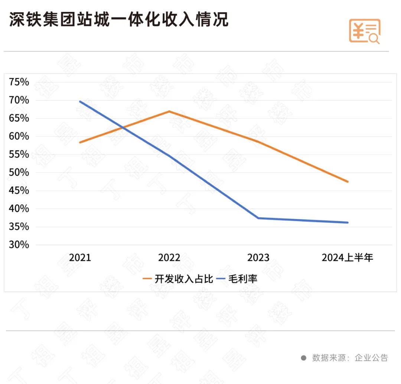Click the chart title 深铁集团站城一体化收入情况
tap(119, 20)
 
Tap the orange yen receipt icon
tap(364, 31)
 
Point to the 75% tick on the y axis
tap(19, 82)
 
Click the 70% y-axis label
tap(19, 100)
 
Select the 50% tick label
tap(19, 173)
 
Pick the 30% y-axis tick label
tap(19, 245)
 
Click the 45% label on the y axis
tap(19, 191)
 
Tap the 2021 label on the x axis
tap(80, 258)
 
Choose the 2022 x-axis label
tap(169, 258)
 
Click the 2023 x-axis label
tap(258, 258)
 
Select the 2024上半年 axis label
tap(347, 258)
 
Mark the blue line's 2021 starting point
tap(80, 101)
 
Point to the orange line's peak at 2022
tap(169, 111)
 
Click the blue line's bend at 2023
tap(258, 218)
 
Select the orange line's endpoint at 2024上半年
tap(348, 182)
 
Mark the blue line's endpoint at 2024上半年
tap(348, 222)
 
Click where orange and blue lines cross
tap(122, 128)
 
